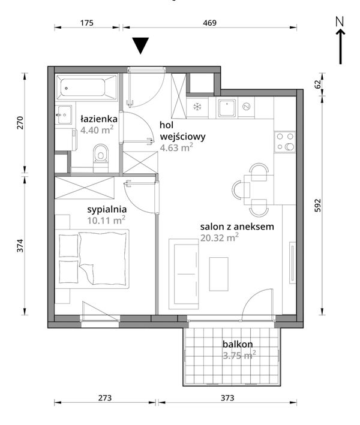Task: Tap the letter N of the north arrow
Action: (340, 22)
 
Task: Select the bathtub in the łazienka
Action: (86, 88)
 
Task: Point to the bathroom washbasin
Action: (64, 115)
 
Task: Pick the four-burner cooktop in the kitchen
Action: (284, 141)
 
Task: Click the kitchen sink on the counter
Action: (227, 108)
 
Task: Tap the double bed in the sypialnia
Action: (92, 259)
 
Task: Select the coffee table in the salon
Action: (218, 274)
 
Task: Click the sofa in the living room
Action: (184, 274)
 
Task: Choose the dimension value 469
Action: (210, 23)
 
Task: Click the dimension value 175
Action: (87, 23)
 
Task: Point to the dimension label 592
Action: (317, 206)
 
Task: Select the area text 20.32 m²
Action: (220, 238)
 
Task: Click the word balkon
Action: (238, 344)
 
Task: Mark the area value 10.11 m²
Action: (106, 221)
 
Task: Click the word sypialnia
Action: (107, 210)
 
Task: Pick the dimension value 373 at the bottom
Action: (227, 398)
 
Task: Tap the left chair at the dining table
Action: (239, 190)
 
